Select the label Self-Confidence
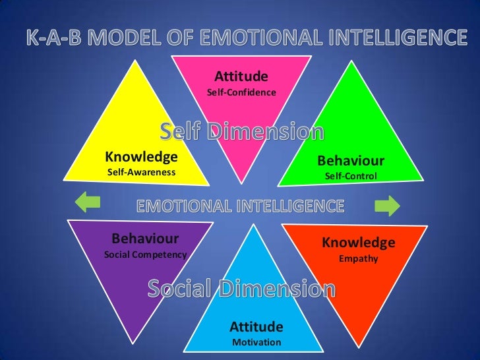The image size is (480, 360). click(x=241, y=93)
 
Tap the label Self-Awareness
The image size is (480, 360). click(x=141, y=173)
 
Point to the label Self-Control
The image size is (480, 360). click(x=350, y=177)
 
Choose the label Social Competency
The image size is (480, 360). click(x=146, y=255)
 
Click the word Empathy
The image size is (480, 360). click(x=359, y=258)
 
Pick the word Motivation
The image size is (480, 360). click(x=256, y=342)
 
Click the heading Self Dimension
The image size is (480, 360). click(x=242, y=133)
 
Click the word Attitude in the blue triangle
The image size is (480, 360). click(x=256, y=326)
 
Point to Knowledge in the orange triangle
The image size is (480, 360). click(x=359, y=243)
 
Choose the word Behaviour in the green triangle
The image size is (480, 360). click(x=350, y=161)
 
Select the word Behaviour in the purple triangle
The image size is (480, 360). click(x=145, y=238)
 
